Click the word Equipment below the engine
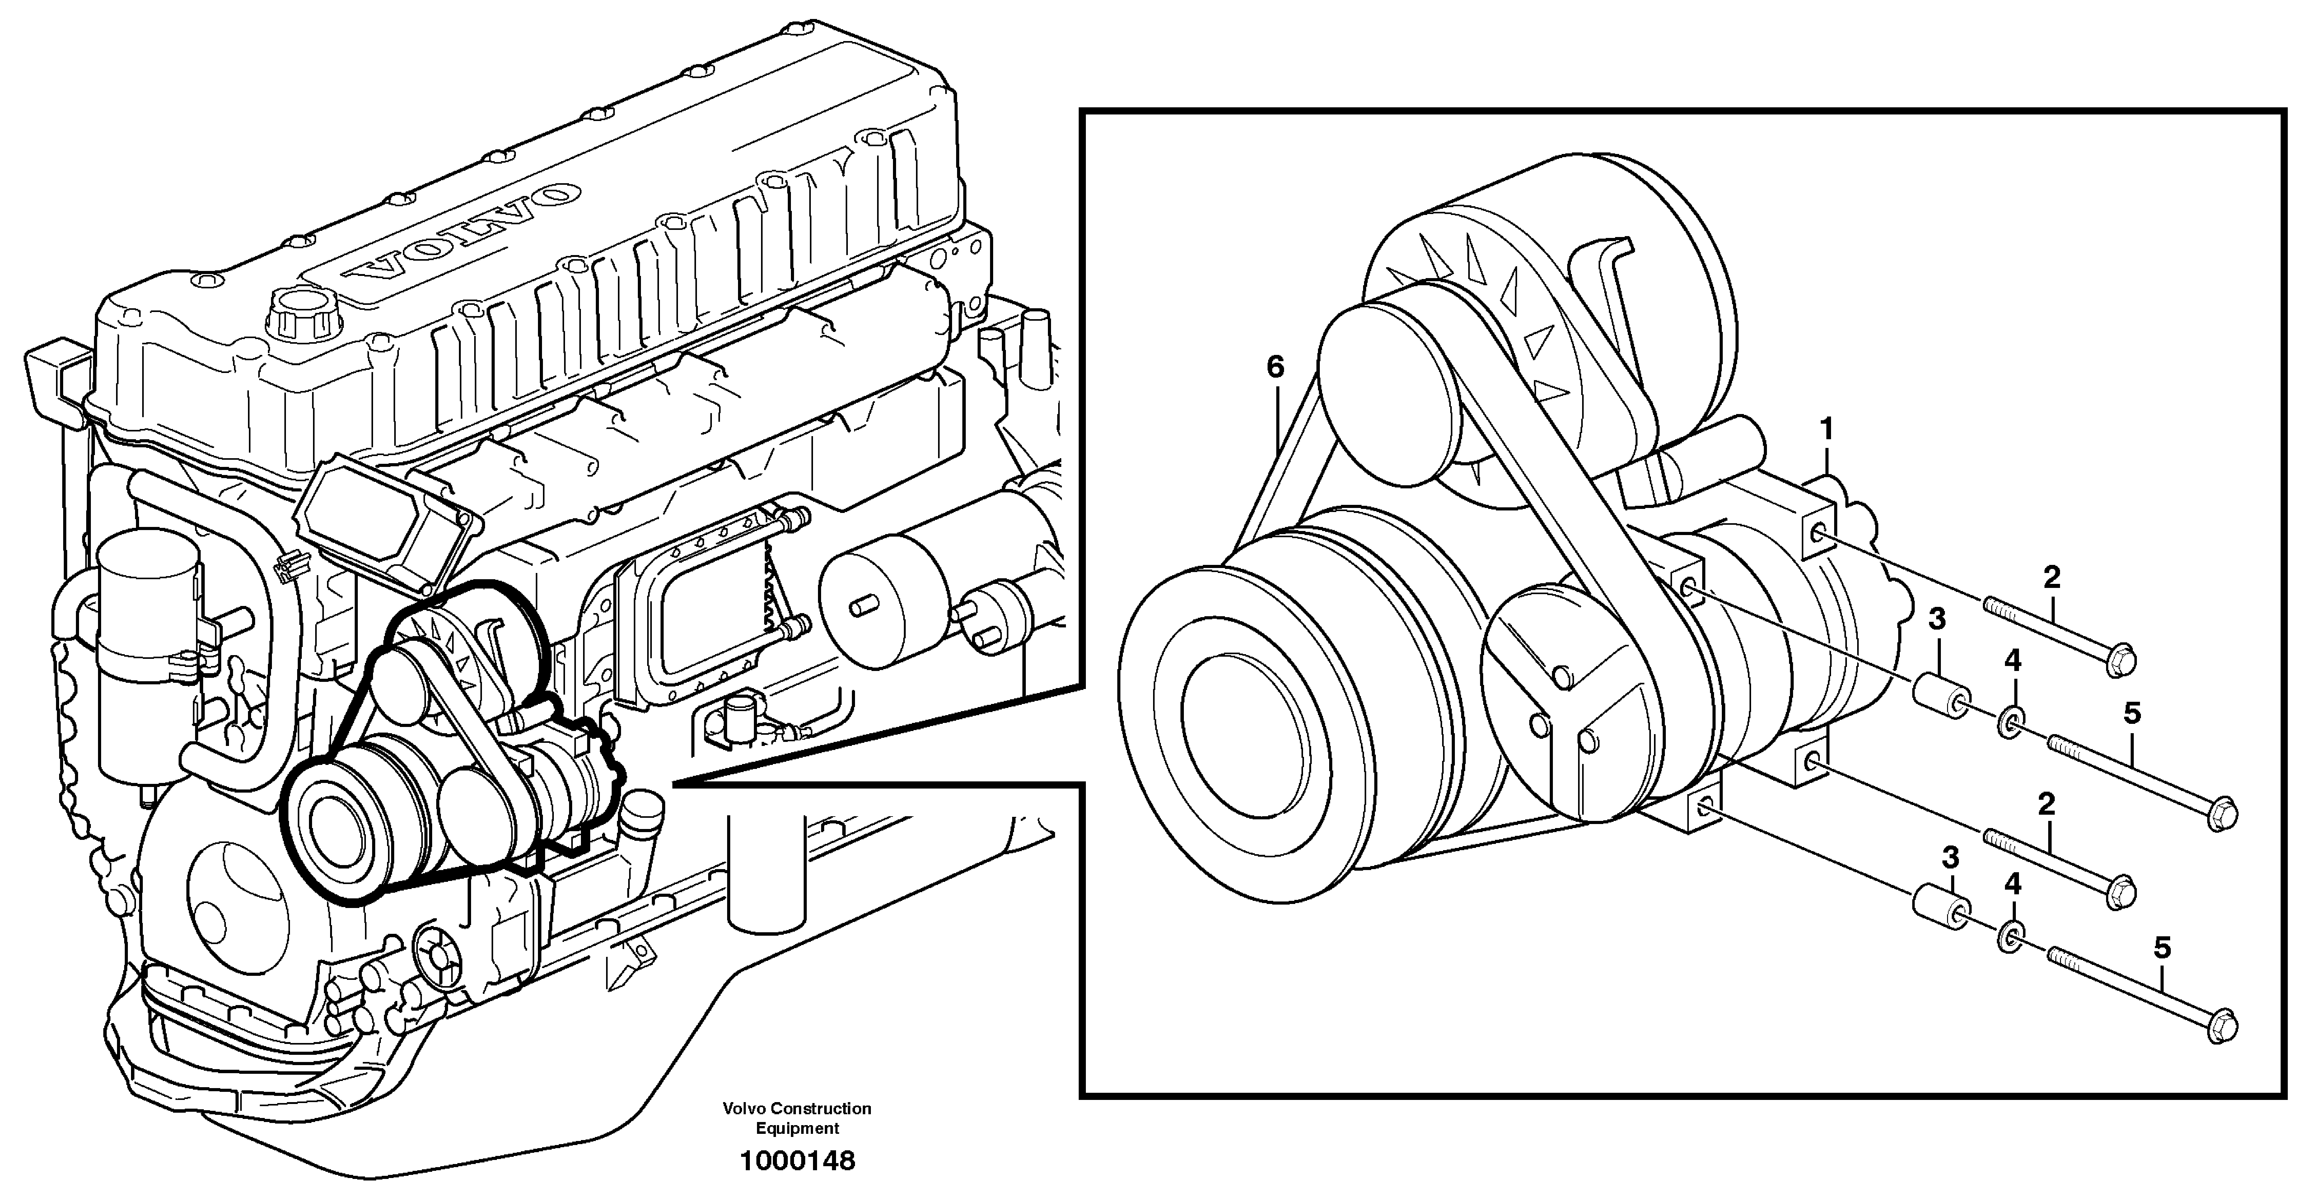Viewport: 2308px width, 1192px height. pos(797,1129)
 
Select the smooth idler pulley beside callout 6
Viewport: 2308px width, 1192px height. pos(1389,389)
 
